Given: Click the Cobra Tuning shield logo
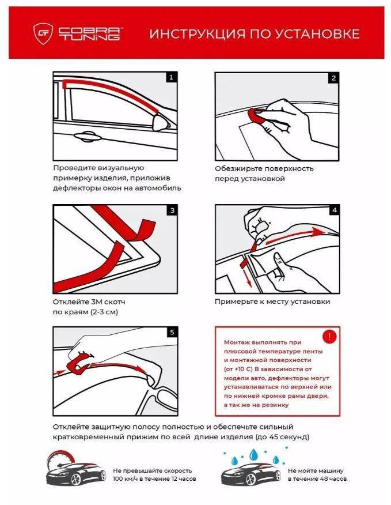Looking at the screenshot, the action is [x=43, y=33].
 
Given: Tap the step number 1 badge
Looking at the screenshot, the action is [x=171, y=77].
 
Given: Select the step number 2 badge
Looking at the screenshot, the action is [x=333, y=78].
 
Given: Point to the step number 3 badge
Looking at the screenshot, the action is [x=172, y=210].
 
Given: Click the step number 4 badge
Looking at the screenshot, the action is [x=334, y=210].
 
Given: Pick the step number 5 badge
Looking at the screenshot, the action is [x=172, y=332].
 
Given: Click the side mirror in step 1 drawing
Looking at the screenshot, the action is [x=162, y=122].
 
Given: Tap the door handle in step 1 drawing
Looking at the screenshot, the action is [x=87, y=137].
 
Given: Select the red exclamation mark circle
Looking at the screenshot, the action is [x=329, y=337].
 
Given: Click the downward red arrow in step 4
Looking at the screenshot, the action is [x=247, y=276].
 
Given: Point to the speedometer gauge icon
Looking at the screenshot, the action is [x=60, y=461].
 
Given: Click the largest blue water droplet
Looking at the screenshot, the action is [x=254, y=454].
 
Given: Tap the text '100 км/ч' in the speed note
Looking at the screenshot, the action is [x=125, y=479].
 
